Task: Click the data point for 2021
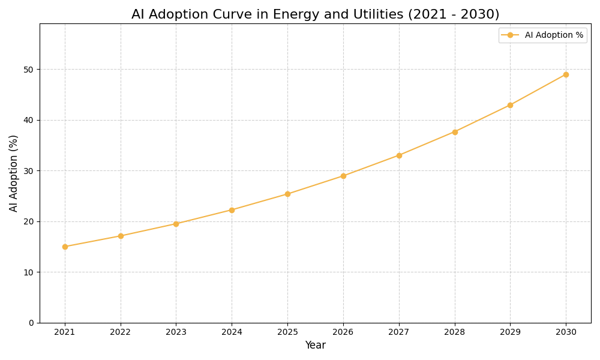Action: (65, 247)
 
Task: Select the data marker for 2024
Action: (232, 210)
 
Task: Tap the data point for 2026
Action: (343, 176)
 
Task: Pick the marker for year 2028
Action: (455, 132)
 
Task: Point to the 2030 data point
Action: (566, 74)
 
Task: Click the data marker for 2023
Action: (176, 224)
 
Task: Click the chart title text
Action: (315, 14)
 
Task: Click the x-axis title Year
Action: (315, 346)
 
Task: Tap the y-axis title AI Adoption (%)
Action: (14, 173)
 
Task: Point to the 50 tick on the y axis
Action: (28, 70)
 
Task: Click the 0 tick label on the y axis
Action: (31, 323)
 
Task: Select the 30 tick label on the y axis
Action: (28, 171)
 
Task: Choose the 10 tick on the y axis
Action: (28, 272)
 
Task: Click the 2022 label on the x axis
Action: (121, 332)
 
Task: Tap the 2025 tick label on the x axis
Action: (287, 332)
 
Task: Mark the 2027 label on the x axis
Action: (399, 332)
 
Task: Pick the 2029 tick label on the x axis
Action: (510, 332)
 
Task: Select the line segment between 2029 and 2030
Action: (538, 89)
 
